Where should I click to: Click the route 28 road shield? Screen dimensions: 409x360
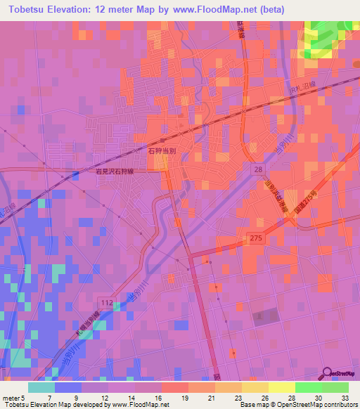(x=259, y=171)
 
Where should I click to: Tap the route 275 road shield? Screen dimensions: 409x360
(x=255, y=239)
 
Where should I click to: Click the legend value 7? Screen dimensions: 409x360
(x=49, y=397)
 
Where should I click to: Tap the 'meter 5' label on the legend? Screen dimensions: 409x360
(x=14, y=397)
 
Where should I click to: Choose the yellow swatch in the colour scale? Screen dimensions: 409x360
(x=281, y=387)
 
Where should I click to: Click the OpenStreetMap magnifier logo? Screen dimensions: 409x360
(x=328, y=373)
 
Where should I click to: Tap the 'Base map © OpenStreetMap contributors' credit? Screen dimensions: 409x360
(x=297, y=405)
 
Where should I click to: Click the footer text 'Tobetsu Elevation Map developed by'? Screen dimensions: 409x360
(x=53, y=405)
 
